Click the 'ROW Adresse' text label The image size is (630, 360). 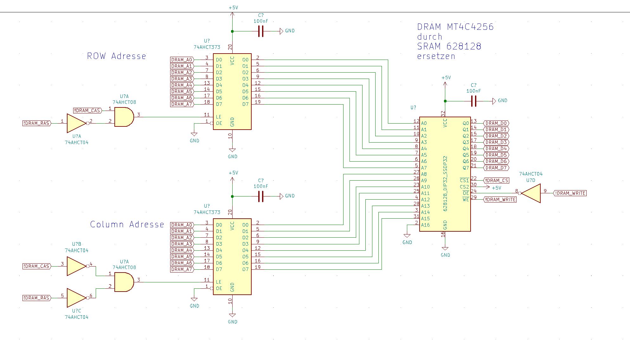coord(116,56)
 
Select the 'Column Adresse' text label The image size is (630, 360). coord(127,225)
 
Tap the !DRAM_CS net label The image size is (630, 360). coord(497,180)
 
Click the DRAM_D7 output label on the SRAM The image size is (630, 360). coord(496,168)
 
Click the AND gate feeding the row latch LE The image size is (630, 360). coord(124,117)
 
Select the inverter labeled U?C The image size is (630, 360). coord(76,298)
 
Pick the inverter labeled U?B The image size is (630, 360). coord(76,266)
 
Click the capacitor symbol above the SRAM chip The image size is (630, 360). coord(474,101)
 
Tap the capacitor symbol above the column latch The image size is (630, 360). coord(261,196)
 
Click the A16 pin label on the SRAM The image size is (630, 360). coord(425,225)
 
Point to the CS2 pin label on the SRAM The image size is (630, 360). coord(464,187)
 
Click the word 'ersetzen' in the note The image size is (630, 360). coord(436,56)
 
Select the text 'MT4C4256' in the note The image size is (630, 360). coord(470,27)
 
